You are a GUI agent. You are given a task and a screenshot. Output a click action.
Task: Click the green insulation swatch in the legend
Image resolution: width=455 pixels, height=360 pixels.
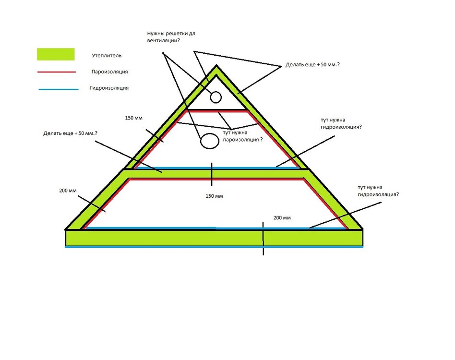pos(56,54)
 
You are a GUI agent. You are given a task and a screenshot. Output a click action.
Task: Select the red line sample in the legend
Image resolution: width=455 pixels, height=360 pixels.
pos(57,72)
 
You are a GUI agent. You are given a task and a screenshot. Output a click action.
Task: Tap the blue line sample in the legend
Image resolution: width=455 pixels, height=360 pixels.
pos(59,89)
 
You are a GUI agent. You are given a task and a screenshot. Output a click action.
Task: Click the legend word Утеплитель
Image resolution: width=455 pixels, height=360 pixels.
pos(107,55)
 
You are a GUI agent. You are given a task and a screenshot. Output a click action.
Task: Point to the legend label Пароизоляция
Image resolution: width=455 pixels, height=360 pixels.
pos(110,72)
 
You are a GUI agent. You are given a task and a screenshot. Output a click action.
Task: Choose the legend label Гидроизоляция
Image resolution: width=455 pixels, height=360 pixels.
pos(109,88)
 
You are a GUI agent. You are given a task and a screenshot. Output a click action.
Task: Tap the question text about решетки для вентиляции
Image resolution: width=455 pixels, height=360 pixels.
pos(171,37)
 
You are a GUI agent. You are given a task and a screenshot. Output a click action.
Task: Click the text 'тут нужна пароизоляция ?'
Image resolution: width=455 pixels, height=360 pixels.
pos(242,136)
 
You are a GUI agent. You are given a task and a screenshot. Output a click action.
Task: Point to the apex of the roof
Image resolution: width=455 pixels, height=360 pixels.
pos(216,66)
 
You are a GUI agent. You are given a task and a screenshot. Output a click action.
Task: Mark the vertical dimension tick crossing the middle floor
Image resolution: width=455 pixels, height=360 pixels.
pos(212,174)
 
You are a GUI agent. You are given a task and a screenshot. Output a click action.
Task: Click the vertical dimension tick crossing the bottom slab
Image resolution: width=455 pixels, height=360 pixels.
pos(263,239)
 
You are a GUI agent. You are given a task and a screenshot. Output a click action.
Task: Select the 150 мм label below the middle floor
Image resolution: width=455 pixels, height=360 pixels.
pos(214,196)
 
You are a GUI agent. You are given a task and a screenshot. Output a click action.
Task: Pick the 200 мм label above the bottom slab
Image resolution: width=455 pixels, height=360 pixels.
pos(282,218)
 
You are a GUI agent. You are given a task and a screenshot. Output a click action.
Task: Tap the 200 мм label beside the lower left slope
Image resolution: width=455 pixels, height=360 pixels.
pos(68,191)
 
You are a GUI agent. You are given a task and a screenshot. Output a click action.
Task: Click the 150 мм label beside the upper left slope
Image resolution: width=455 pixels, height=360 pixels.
pos(134,118)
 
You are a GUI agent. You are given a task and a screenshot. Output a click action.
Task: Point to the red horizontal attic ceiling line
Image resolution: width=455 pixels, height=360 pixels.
pos(217,111)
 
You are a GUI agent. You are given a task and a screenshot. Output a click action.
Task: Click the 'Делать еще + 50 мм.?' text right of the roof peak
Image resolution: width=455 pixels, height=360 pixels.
pos(312,65)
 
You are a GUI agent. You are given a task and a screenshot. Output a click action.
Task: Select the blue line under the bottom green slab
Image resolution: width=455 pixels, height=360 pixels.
pos(214,247)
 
